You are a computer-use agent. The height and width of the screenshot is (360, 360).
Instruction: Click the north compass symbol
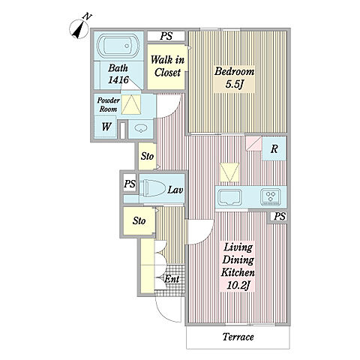point(79,28)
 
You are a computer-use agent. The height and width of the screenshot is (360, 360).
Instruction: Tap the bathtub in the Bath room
point(118,46)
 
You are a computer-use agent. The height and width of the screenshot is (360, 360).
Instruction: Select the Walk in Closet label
point(167,66)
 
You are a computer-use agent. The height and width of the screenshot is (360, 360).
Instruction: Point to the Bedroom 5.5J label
point(234,78)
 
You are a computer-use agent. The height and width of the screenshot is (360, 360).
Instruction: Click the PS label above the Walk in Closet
point(166,36)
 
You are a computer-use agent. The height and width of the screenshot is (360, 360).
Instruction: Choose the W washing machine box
point(106,127)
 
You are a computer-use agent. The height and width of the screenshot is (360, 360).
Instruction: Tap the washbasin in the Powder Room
point(141,129)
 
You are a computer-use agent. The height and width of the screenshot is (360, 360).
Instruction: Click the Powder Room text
point(108,105)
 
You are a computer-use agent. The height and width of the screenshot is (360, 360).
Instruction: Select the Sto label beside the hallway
point(147,156)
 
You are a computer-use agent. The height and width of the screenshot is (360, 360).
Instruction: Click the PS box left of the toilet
point(130,184)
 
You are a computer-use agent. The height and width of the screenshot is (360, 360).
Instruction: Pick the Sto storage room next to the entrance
point(139,221)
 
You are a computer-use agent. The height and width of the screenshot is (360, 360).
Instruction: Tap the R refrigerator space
point(274,148)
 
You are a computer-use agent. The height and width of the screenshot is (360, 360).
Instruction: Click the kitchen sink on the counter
point(229,197)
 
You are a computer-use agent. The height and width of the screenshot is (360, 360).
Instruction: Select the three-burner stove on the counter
point(270,197)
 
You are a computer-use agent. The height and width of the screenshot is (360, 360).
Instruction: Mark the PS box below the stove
point(279,217)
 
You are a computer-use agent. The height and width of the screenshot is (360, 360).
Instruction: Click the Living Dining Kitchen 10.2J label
point(238,266)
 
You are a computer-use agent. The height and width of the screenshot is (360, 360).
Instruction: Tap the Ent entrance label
point(172,279)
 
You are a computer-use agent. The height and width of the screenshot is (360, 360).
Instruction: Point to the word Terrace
point(238,337)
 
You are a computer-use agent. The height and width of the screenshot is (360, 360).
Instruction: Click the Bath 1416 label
point(118,73)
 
